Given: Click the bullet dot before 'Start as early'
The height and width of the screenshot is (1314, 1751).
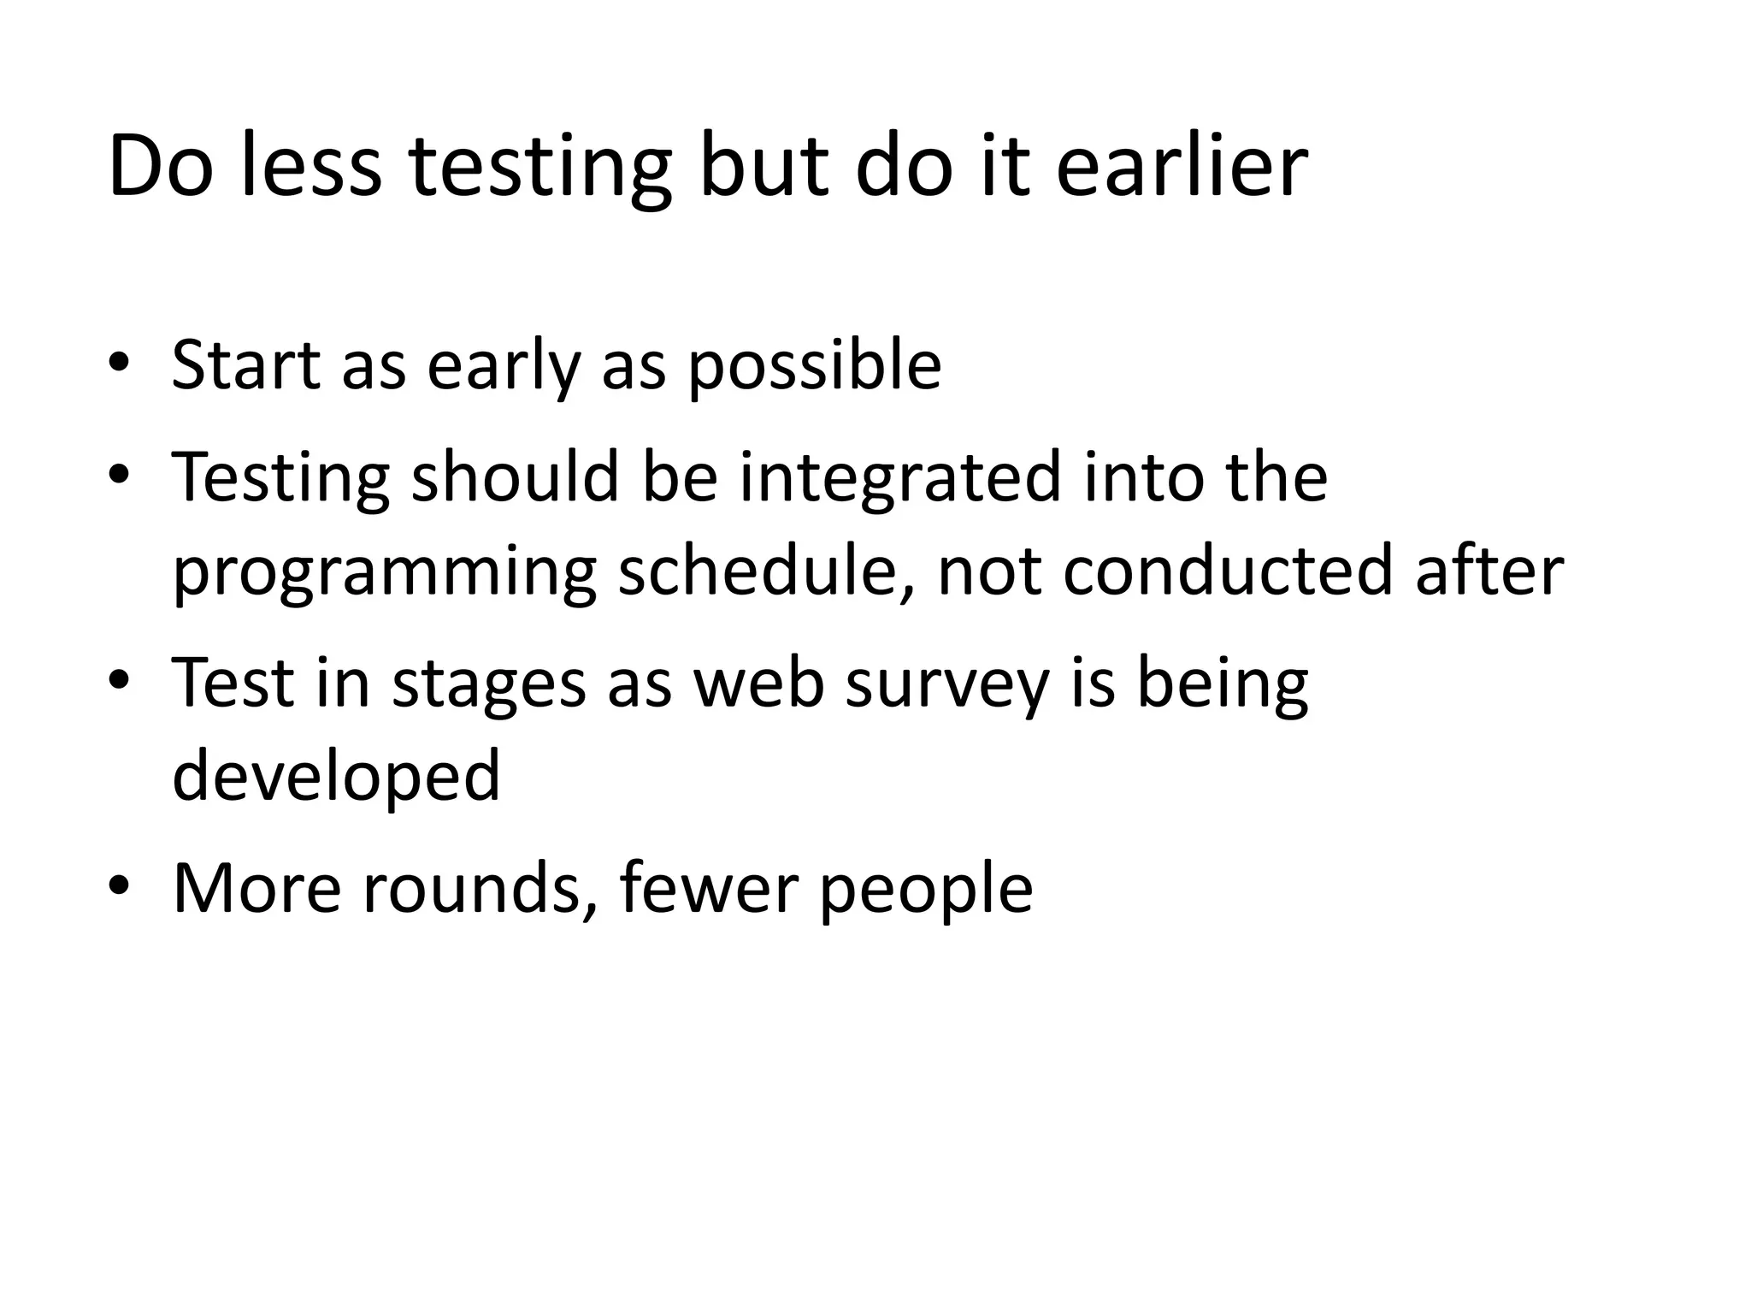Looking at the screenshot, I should pos(119,363).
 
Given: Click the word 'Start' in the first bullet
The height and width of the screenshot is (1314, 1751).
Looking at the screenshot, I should pos(246,366).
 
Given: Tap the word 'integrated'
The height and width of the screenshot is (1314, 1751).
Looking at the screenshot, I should pos(900,479).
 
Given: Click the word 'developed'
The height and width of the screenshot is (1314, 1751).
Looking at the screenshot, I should pos(336,777).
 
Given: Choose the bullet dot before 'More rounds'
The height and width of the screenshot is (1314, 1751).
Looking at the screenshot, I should pos(119,885).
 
